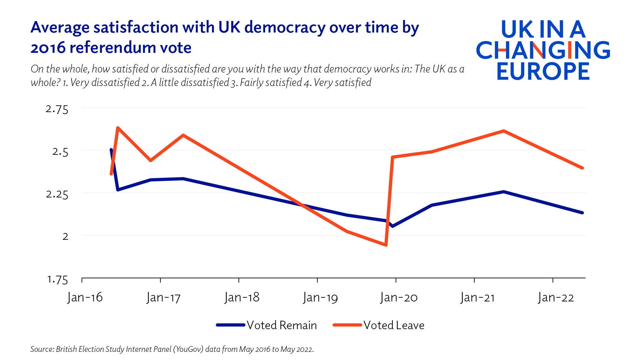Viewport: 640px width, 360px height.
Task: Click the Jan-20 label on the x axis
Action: coord(399,297)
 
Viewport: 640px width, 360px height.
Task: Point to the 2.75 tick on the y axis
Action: coord(57,109)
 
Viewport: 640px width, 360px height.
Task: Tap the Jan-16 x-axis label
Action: coord(85,297)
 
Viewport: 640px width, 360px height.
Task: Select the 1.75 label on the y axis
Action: coord(57,279)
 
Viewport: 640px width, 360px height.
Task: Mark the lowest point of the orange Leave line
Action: coord(386,245)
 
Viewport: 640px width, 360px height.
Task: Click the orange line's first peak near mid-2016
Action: coord(118,128)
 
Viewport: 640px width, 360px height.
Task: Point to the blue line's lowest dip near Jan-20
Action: coord(392,226)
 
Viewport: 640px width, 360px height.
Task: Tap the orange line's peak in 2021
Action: coord(504,131)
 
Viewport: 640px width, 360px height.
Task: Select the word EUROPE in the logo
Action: coord(543,71)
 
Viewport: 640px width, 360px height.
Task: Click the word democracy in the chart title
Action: coord(285,27)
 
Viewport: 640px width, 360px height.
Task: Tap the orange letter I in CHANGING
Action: coord(569,50)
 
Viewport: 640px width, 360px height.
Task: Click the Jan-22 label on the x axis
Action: coord(556,297)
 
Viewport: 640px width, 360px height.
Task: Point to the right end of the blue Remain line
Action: coord(582,213)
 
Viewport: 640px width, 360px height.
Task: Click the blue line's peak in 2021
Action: coord(504,192)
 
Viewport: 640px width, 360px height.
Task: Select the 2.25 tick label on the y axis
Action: coord(57,194)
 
